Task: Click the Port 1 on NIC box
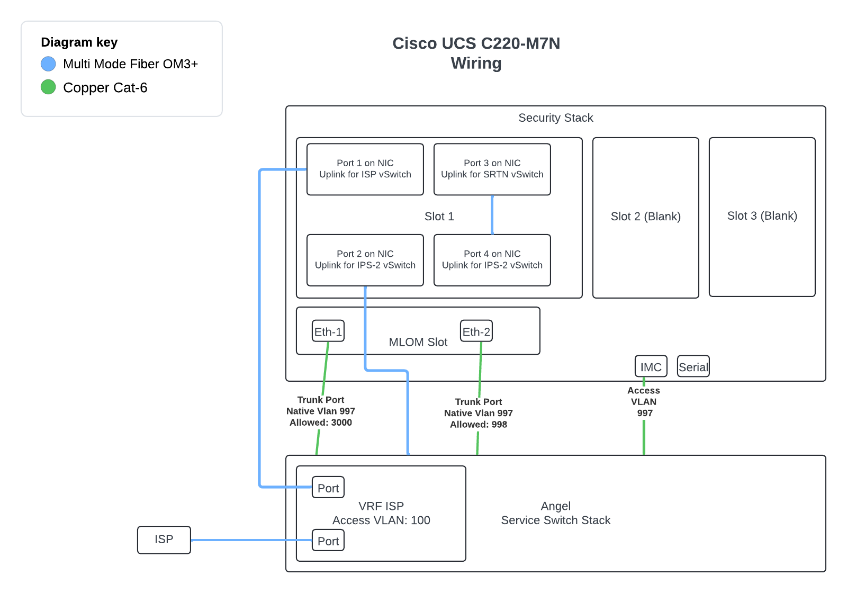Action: (365, 169)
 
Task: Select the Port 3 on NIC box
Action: (492, 169)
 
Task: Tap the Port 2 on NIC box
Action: (365, 260)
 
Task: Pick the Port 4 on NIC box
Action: (492, 260)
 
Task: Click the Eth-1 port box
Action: (328, 331)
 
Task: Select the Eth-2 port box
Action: (476, 331)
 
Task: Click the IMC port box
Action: (651, 366)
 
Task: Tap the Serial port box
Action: (693, 366)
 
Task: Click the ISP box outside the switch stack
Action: (164, 540)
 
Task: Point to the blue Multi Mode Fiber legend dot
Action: (48, 64)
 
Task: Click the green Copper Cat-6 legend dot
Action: (48, 87)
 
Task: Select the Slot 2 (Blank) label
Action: (646, 217)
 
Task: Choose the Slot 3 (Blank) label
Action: (762, 216)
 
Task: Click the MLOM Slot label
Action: (418, 343)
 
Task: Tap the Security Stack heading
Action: (556, 118)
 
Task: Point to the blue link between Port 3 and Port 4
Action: (492, 215)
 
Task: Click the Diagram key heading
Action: (79, 42)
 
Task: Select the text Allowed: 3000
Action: (321, 423)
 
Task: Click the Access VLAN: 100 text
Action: (381, 520)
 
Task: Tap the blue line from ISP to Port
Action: (251, 540)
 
